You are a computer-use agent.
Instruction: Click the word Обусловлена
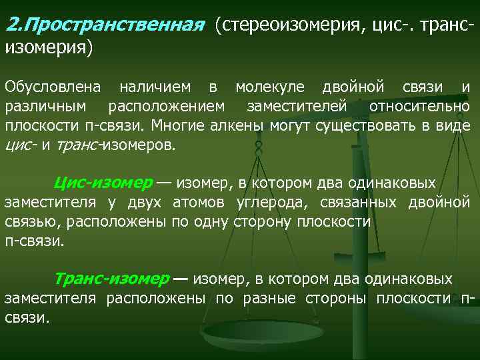coord(53,87)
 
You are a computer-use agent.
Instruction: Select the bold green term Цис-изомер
coord(103,183)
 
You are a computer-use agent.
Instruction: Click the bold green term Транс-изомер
coord(111,279)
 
